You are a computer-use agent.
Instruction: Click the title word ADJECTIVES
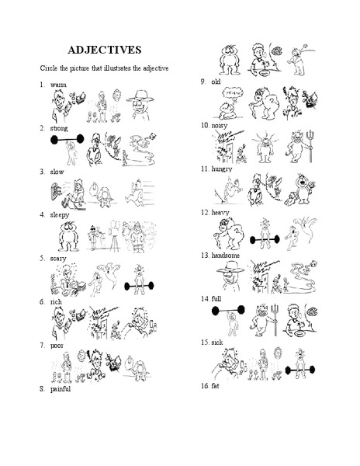(x=105, y=50)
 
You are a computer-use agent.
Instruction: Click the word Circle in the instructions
(x=50, y=69)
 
